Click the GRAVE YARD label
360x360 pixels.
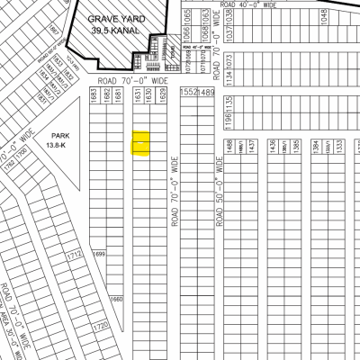tap(121, 18)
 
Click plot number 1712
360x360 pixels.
tap(74, 256)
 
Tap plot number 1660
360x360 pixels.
tap(115, 300)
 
